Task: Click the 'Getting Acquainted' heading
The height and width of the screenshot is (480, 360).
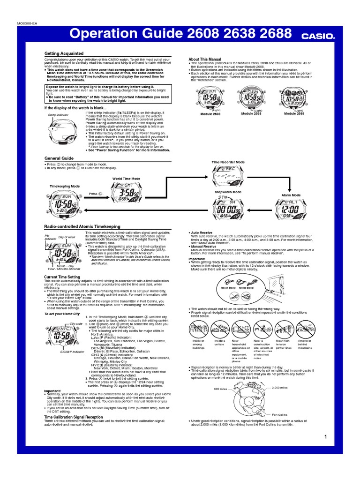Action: click(64, 53)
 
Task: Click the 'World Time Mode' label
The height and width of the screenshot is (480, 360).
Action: click(126, 179)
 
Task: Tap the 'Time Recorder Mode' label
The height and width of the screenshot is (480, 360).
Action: click(228, 162)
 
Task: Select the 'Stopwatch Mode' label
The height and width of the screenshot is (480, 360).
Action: click(228, 192)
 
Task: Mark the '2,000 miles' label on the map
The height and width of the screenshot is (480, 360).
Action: click(280, 387)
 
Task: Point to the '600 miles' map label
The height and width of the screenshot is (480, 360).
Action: click(220, 389)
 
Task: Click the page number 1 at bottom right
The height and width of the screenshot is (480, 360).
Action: click(324, 436)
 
